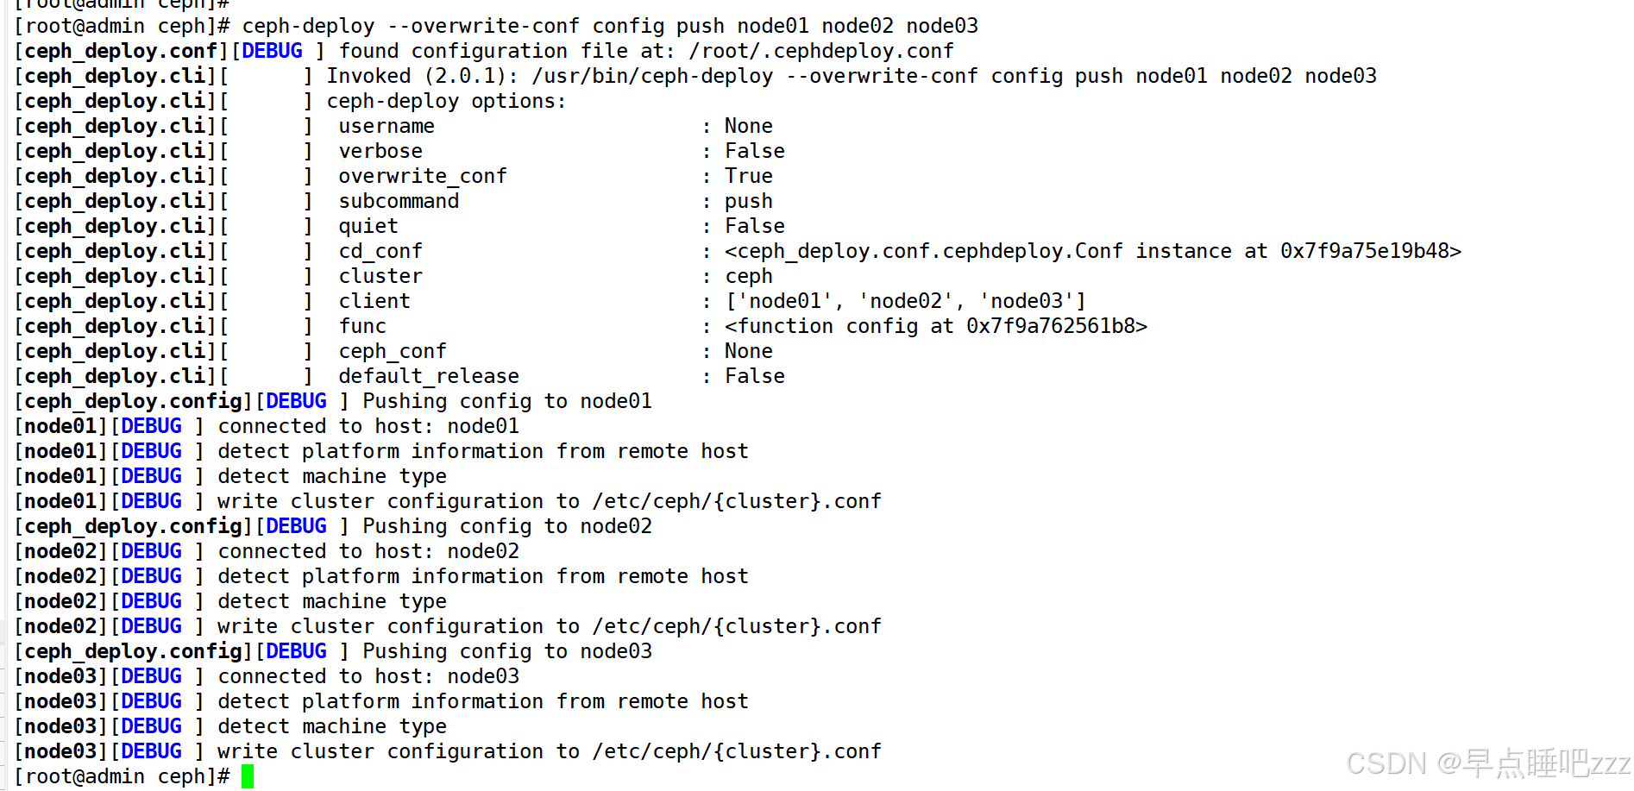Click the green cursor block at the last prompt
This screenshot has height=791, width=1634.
248,776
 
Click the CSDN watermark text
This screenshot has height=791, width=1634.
1487,763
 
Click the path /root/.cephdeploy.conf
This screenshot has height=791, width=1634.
821,51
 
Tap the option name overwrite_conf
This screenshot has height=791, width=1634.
423,176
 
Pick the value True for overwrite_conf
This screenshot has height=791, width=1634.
749,176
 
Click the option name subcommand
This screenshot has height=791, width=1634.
399,201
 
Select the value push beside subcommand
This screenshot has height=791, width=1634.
749,201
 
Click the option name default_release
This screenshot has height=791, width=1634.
429,376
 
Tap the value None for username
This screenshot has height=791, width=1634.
749,126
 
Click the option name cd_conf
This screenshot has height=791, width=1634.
380,251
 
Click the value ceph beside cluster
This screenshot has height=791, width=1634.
749,276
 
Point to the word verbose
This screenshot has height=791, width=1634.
380,151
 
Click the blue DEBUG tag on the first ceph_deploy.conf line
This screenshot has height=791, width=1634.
273,51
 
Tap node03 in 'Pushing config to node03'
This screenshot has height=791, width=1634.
616,651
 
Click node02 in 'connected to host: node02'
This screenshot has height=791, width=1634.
483,551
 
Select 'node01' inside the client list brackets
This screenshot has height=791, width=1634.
784,301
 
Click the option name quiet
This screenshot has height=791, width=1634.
368,226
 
